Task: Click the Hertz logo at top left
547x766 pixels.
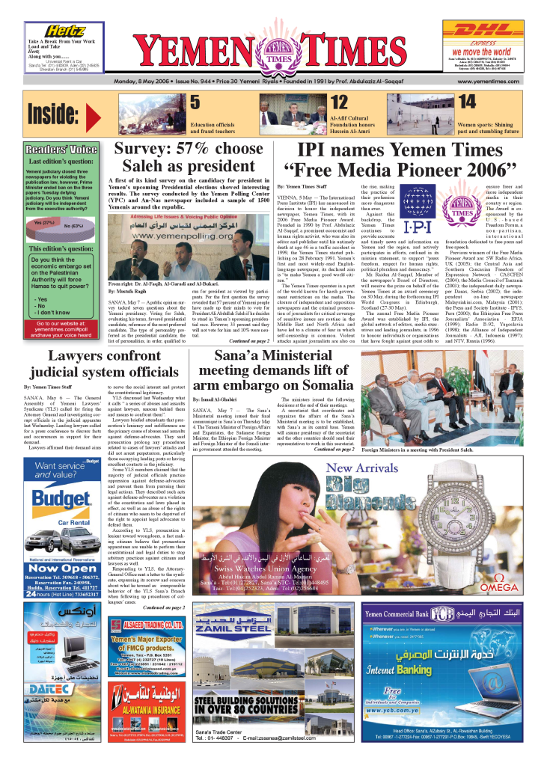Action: coord(65,31)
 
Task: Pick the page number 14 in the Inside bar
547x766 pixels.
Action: coord(466,102)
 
